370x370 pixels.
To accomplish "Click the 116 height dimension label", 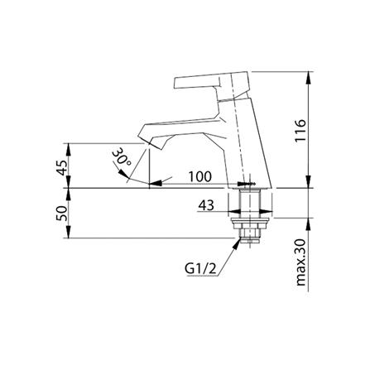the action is [300, 130].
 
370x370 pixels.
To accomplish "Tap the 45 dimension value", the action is [62, 167].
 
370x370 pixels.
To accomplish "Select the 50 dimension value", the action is [62, 213].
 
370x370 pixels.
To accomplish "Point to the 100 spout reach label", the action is [200, 176].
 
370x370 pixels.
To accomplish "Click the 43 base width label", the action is [206, 205].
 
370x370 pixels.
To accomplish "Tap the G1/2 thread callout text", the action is [200, 269].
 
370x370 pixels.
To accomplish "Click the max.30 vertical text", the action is [300, 262].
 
